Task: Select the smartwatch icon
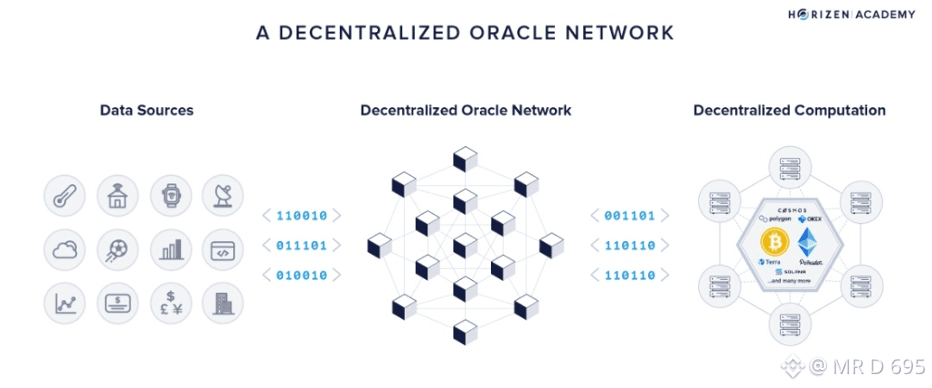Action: [171, 197]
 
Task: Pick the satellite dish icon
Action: [223, 197]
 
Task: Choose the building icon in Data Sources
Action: [223, 303]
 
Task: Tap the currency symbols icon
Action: [171, 303]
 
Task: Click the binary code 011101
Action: [301, 245]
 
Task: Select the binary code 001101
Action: [629, 215]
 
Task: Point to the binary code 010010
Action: [301, 276]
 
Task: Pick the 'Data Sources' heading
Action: [147, 111]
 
